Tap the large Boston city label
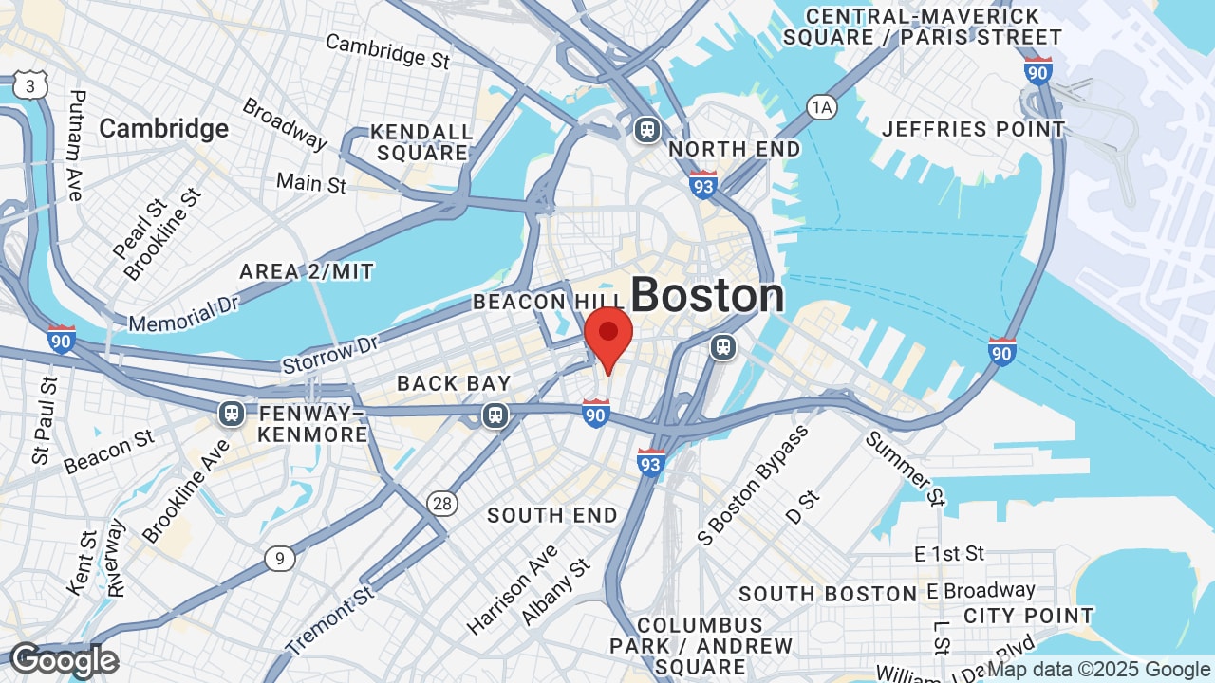click(x=707, y=295)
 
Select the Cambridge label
click(x=164, y=128)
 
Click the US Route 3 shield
click(x=30, y=86)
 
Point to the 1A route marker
click(x=822, y=107)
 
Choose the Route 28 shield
click(x=442, y=503)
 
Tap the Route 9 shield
click(x=279, y=559)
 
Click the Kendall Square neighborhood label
click(x=421, y=142)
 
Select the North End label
click(x=735, y=150)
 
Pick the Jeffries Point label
click(x=973, y=129)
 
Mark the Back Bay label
click(x=454, y=383)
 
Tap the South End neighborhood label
click(x=552, y=515)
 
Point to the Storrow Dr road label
click(x=330, y=353)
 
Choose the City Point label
click(x=1028, y=616)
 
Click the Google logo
click(x=65, y=660)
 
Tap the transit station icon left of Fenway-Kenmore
click(x=231, y=414)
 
